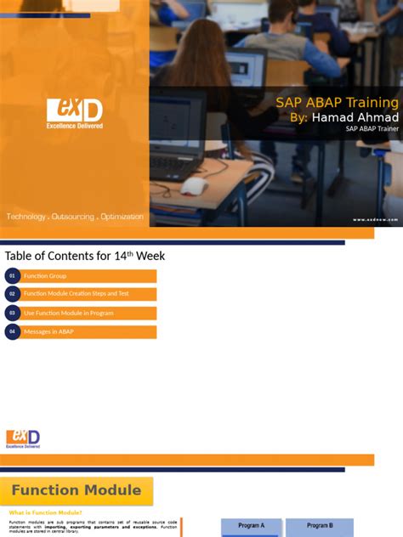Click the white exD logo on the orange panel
coord(75,111)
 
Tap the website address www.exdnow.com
coord(375,219)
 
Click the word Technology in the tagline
coord(26,218)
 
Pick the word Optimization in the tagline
coord(122,218)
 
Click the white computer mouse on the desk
coord(194,186)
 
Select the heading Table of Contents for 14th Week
coord(85,256)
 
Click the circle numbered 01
coord(13,276)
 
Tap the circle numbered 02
coord(13,294)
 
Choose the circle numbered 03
coord(13,313)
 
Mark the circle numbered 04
coord(13,331)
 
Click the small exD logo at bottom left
coord(23,438)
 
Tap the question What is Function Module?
coord(46,513)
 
